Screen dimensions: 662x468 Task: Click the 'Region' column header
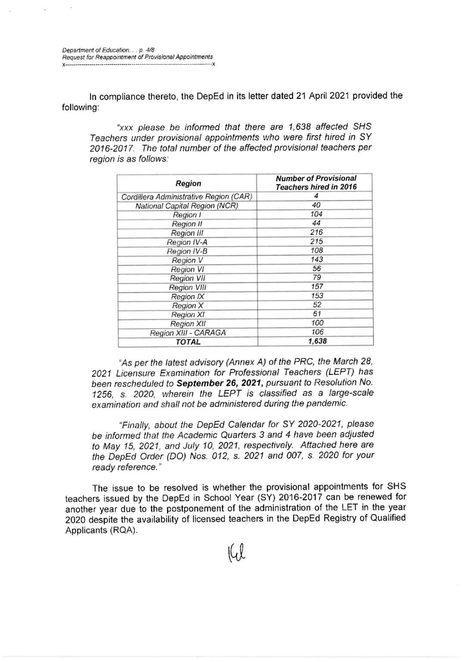[x=188, y=183]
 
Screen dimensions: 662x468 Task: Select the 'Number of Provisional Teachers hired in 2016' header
[x=316, y=183]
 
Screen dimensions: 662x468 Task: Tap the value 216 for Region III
[x=316, y=232]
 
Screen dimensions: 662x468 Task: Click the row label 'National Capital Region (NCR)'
[x=187, y=206]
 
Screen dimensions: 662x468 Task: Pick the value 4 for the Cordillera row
[x=316, y=196]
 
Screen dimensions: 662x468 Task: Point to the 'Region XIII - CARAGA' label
[x=187, y=333]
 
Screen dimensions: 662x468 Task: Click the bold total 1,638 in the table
[x=317, y=341]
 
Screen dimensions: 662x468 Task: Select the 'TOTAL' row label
[x=188, y=342]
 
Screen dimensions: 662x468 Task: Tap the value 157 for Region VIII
[x=317, y=287]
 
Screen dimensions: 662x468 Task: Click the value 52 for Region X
[x=317, y=305]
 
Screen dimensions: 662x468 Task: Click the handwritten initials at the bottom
[x=235, y=553]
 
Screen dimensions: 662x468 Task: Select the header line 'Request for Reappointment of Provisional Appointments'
[x=137, y=57]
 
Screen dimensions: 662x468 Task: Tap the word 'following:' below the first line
[x=80, y=107]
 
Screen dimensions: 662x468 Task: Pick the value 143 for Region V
[x=317, y=259]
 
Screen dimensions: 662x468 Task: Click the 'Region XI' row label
[x=187, y=315]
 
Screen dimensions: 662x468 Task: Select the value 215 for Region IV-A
[x=316, y=241]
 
